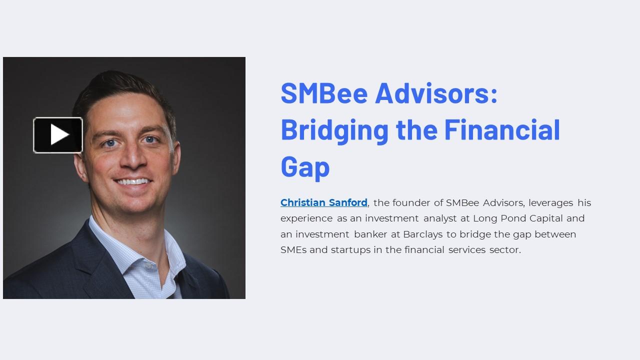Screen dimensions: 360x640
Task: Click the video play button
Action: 58,135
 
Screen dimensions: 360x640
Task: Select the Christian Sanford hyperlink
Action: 323,202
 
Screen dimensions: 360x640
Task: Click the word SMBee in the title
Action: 324,92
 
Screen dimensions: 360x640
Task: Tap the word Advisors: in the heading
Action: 436,92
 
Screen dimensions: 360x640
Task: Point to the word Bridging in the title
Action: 334,129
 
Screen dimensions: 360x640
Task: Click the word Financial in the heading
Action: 502,129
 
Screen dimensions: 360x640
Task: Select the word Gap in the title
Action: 305,166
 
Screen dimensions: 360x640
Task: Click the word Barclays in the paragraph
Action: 423,234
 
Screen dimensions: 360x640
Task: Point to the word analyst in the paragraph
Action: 440,218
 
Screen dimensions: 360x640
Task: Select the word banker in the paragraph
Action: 370,234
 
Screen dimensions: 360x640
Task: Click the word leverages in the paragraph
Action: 550,202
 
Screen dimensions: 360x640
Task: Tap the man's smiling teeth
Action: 132,181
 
